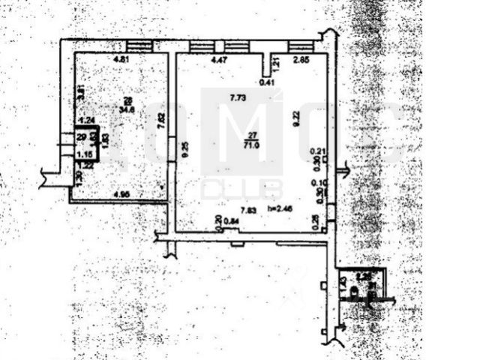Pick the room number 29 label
click(x=80, y=136)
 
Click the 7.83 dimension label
click(x=247, y=211)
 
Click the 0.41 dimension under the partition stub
click(x=265, y=84)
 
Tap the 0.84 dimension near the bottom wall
click(x=233, y=220)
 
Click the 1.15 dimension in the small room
click(x=84, y=154)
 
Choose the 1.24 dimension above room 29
click(x=87, y=119)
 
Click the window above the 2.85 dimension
click(x=301, y=46)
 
